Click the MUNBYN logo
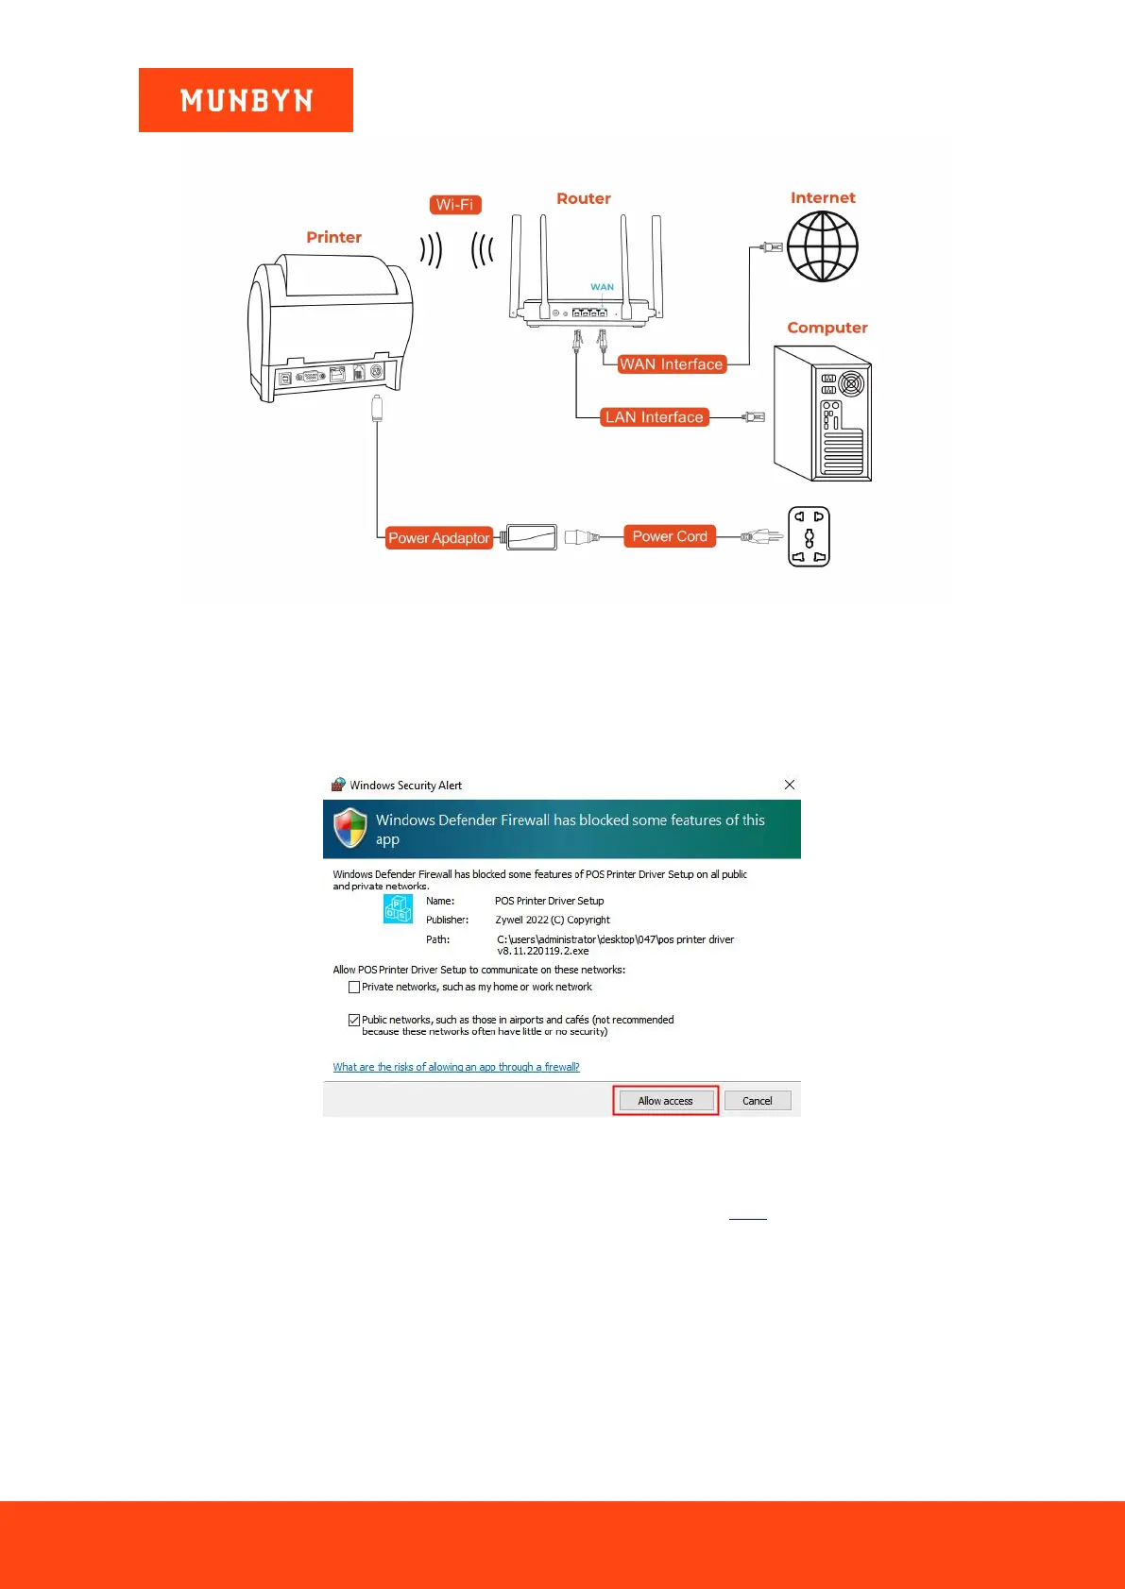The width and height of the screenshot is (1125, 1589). click(x=246, y=100)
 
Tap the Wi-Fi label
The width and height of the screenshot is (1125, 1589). click(x=455, y=205)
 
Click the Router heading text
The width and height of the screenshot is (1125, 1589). click(x=583, y=198)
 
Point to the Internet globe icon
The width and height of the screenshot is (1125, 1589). click(x=823, y=246)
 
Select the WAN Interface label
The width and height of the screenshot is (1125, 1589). click(x=671, y=364)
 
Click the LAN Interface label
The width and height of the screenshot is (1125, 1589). click(x=655, y=417)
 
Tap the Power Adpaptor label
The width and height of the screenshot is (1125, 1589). click(x=439, y=538)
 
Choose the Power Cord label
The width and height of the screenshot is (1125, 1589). click(x=670, y=536)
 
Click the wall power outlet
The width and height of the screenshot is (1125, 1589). click(x=809, y=536)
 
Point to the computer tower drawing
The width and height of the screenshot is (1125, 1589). click(x=822, y=414)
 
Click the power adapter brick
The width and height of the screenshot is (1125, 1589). click(x=532, y=537)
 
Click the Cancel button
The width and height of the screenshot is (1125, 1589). click(x=757, y=1101)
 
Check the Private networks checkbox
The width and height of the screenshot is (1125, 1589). click(x=354, y=988)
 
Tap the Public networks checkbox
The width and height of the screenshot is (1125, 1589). click(x=354, y=1020)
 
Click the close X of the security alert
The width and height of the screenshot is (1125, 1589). click(x=790, y=785)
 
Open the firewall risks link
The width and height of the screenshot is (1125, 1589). click(x=456, y=1067)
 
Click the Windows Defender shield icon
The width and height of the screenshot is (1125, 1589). click(x=350, y=828)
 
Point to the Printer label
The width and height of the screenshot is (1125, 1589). click(x=333, y=237)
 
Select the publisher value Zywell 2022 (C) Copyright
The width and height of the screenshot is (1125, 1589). click(x=553, y=920)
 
